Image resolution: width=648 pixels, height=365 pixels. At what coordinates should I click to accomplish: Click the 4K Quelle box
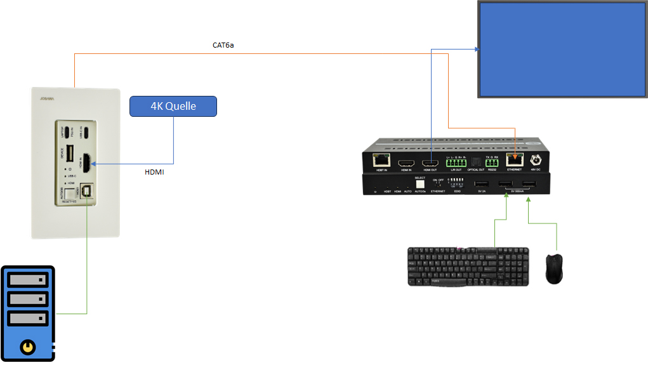[173, 106]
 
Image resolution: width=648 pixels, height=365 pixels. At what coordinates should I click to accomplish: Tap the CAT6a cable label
[223, 46]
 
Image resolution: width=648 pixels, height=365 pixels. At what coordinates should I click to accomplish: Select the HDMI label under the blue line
[154, 172]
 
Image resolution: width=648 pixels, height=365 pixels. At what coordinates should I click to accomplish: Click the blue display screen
[562, 49]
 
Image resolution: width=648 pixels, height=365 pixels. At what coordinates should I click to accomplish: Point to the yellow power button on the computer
[27, 346]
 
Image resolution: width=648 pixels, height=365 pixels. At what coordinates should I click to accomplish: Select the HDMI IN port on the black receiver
[406, 163]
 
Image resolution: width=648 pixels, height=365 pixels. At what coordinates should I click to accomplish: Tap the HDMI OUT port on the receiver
[430, 163]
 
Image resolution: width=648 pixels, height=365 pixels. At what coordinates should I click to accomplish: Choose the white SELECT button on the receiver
[420, 184]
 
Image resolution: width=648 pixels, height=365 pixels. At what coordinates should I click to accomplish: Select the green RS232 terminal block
[492, 163]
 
